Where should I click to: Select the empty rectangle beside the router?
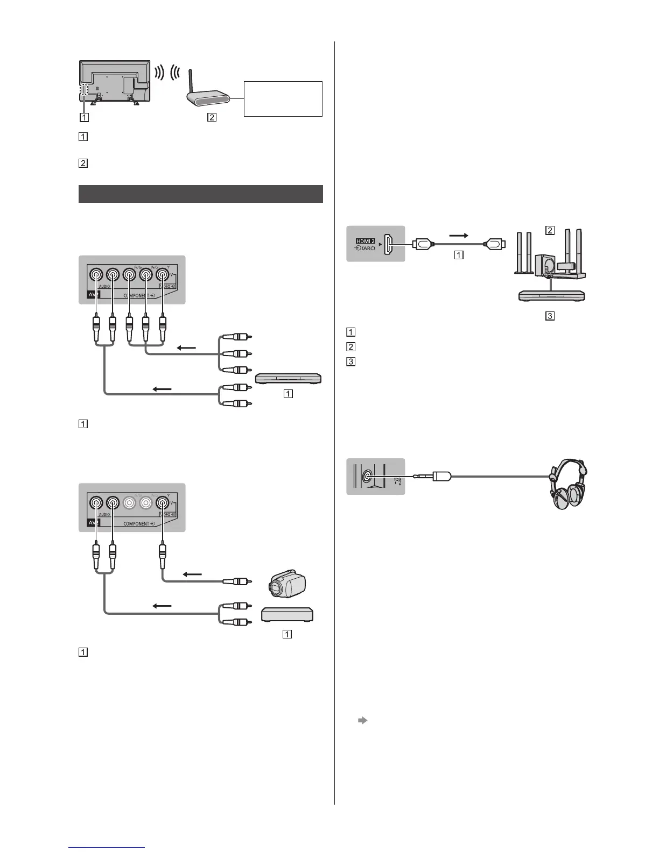[283, 98]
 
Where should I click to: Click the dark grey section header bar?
[200, 194]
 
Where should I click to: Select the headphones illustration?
[567, 484]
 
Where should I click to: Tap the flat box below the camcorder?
[287, 615]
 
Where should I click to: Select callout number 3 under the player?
[550, 316]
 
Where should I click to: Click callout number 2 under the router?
[212, 118]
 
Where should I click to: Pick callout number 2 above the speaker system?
[550, 231]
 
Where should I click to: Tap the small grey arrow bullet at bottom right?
[362, 720]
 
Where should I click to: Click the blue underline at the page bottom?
[107, 848]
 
